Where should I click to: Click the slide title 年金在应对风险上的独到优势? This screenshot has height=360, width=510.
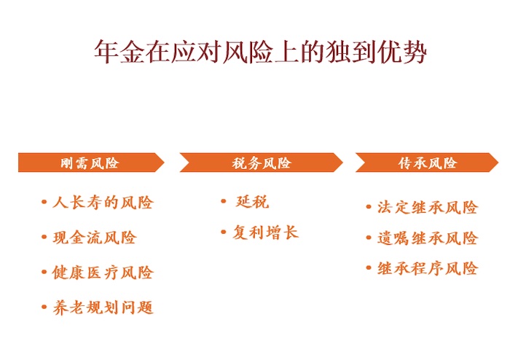click(260, 52)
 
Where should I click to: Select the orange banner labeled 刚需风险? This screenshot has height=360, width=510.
click(91, 163)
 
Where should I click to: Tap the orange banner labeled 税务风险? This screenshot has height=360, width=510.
click(261, 163)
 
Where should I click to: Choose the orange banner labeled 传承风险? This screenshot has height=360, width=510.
click(427, 163)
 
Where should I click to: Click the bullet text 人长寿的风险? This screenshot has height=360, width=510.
click(103, 203)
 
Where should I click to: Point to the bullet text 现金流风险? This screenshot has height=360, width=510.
click(94, 237)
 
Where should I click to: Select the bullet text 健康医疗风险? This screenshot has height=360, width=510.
click(103, 273)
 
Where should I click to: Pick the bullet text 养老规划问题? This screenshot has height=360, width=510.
click(103, 308)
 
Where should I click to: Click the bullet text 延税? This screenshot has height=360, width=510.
click(252, 202)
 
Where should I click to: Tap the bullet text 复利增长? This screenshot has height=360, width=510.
click(265, 232)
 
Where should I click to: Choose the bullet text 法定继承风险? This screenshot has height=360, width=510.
click(428, 207)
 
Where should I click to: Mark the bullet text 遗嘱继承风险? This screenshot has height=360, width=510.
click(428, 238)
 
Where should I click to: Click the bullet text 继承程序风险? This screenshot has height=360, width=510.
click(428, 269)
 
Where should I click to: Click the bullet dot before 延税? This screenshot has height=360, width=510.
click(224, 201)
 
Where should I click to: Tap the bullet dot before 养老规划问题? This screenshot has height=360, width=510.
click(44, 307)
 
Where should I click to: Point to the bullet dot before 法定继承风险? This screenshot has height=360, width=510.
click(369, 207)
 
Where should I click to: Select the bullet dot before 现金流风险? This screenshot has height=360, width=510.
click(44, 237)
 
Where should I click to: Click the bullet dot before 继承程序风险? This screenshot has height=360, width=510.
click(369, 268)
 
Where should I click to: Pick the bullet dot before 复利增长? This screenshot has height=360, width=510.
click(224, 232)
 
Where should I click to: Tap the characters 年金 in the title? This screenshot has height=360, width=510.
click(119, 52)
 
